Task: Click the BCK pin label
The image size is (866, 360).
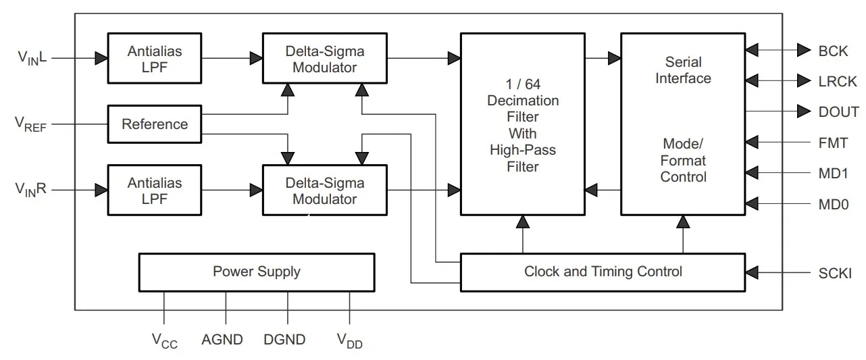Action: tap(833, 51)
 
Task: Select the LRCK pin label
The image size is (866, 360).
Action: tap(838, 82)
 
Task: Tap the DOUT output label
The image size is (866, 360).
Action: tap(838, 112)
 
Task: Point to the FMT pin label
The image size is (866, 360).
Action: tap(833, 143)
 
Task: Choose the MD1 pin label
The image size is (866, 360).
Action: tap(834, 173)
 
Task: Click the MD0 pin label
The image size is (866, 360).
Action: tap(834, 203)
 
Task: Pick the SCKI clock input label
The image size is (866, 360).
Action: tap(835, 274)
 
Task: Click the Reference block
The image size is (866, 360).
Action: tap(155, 124)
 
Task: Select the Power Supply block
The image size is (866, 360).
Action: tap(256, 272)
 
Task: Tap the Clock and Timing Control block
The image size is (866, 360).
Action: tap(603, 272)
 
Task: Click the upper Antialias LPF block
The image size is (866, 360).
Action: tap(155, 59)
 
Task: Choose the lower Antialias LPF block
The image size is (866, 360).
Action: tap(155, 190)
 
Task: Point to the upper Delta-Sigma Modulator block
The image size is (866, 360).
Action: tap(324, 59)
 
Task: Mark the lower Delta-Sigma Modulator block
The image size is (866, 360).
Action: tap(324, 190)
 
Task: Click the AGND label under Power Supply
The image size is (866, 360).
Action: tap(222, 340)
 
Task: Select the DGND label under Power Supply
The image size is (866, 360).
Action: tap(284, 340)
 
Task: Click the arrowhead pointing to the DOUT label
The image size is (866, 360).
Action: tap(804, 111)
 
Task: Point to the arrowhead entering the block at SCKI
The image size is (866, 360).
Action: tap(753, 274)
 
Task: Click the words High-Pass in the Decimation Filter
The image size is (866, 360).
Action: tap(523, 151)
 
